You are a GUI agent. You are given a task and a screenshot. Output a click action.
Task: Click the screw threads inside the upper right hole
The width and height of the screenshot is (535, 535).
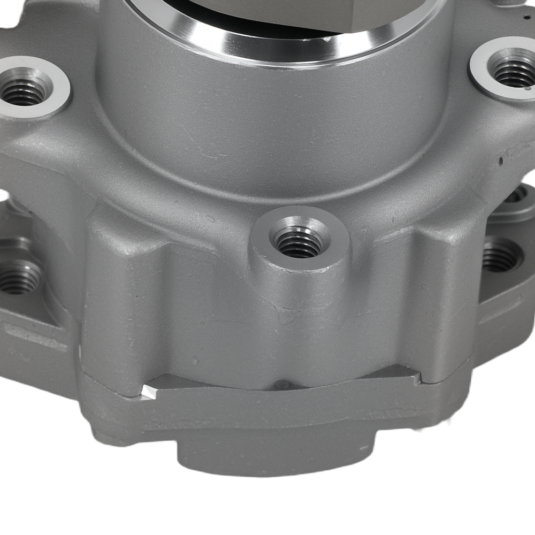(x=513, y=72)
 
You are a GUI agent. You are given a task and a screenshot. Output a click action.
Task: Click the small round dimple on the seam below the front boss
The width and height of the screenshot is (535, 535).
(x=282, y=385)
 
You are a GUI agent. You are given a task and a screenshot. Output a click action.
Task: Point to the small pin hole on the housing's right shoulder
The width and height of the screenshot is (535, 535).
(x=502, y=159)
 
